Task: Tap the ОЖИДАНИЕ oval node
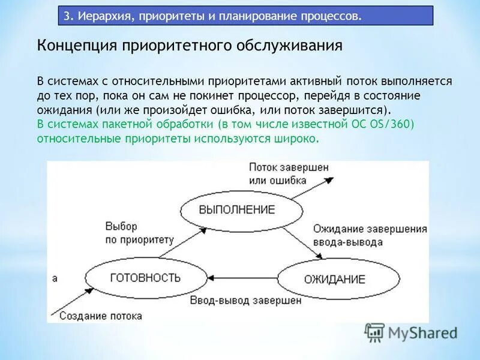[338, 278]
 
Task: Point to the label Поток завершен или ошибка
[289, 173]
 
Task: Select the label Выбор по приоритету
[139, 233]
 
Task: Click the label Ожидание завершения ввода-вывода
[370, 235]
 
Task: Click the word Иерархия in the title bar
[103, 16]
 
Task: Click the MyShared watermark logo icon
[375, 332]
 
